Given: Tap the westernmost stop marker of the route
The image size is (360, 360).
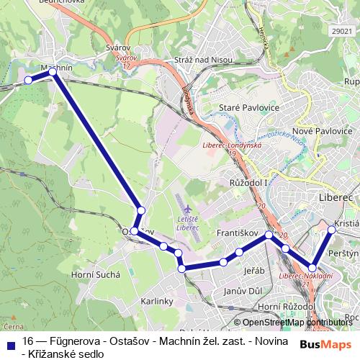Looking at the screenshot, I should (x=28, y=80).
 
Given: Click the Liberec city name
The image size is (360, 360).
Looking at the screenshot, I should (x=336, y=196).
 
